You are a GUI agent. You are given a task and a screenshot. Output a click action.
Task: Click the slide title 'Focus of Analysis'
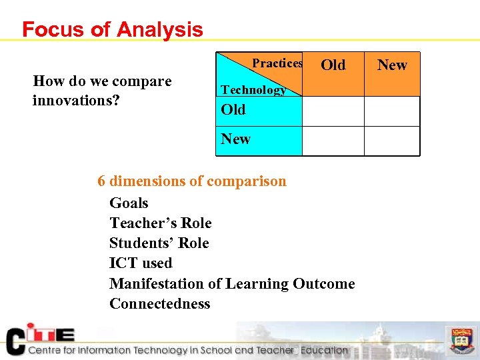click(112, 29)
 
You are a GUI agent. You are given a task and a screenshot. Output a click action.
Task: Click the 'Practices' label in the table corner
click(277, 63)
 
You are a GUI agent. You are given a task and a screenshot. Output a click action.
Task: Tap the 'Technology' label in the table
click(253, 89)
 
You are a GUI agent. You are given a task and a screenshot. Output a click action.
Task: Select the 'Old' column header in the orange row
click(333, 65)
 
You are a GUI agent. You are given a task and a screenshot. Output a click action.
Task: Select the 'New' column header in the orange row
click(392, 65)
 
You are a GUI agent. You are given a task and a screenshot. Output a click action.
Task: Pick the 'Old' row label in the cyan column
click(233, 110)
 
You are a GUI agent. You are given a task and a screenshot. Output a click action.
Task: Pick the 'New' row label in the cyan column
click(236, 139)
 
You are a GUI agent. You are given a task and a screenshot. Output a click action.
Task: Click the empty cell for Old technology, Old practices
click(333, 111)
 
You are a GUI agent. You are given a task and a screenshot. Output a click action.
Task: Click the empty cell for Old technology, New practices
click(392, 111)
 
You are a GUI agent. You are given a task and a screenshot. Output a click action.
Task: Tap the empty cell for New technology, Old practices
click(333, 141)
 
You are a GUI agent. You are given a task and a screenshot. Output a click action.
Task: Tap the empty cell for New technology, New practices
click(392, 141)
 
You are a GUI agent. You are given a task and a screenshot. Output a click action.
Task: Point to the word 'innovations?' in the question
click(75, 100)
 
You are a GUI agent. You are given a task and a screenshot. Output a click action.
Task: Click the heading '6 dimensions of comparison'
click(192, 181)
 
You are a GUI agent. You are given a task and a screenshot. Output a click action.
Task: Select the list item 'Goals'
click(129, 203)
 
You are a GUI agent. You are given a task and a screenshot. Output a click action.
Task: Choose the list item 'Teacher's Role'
click(160, 223)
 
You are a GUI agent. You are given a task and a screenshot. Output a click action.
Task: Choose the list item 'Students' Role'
click(159, 243)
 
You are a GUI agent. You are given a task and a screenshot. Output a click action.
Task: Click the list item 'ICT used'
click(141, 263)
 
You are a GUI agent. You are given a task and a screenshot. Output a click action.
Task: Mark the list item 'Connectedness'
click(159, 304)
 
